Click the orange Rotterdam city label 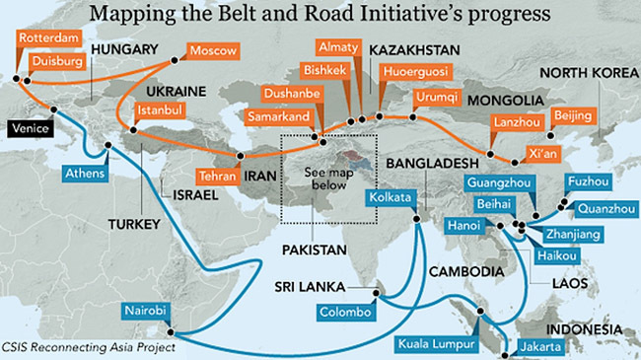click(x=47, y=39)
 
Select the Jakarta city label click(x=537, y=346)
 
